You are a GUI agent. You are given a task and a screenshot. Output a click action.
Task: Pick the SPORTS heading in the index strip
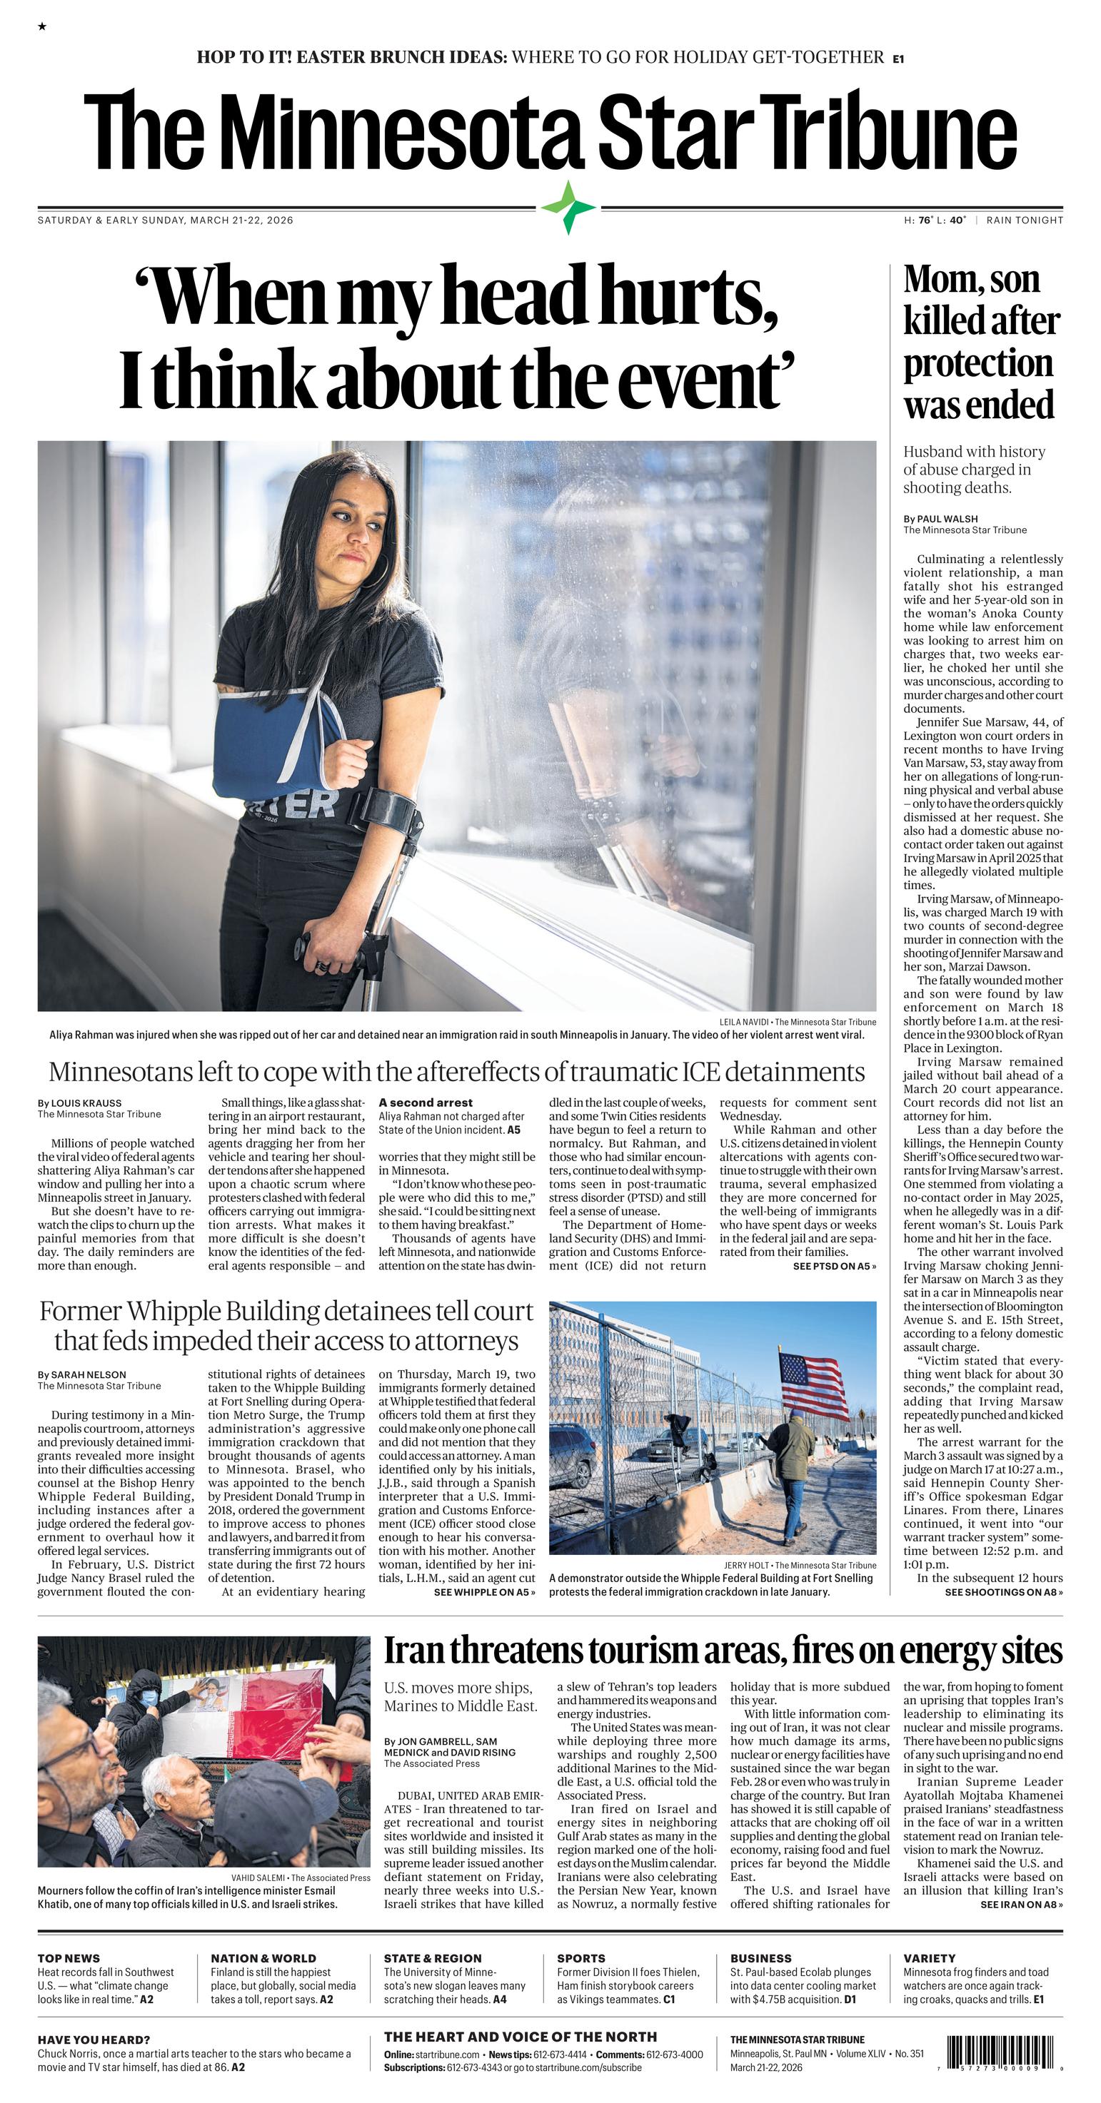tap(580, 1957)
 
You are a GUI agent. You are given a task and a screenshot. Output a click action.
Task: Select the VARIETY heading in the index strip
tap(929, 1957)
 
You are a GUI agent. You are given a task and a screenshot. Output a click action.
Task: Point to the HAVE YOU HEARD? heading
tap(93, 2039)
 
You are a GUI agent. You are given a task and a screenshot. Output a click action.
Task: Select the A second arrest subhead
tap(425, 1102)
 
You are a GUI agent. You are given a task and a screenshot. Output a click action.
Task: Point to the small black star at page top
tap(41, 28)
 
